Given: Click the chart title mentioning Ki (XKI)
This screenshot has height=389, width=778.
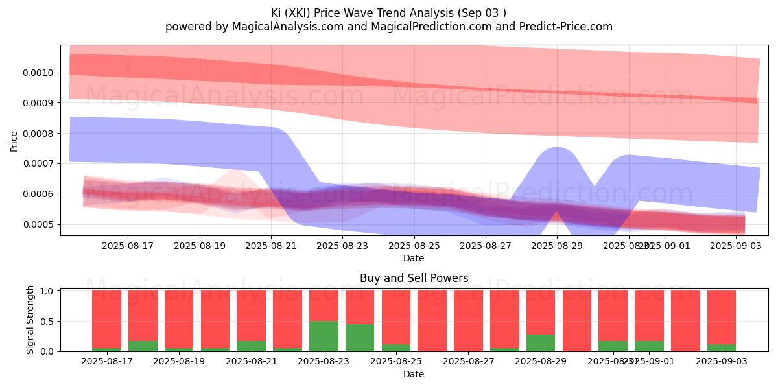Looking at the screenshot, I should point(388,12).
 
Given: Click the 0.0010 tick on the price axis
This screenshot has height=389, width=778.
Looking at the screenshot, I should point(40,73).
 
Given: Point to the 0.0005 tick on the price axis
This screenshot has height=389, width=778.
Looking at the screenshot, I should point(40,225).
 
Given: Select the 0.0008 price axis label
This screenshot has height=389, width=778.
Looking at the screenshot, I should point(40,134).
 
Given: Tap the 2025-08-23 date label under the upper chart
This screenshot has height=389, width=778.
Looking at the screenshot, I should point(342,246).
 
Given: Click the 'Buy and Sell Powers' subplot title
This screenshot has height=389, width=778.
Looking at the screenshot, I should point(414,278).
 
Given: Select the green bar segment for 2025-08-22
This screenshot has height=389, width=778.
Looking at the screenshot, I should point(324,336).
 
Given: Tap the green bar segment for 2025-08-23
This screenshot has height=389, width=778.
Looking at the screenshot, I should point(360,338).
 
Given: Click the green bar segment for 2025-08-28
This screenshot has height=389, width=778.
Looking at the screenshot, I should point(541,343).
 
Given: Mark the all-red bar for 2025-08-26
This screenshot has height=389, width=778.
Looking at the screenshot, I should point(432,321).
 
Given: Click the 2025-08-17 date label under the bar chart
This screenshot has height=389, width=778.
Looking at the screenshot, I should point(106,360).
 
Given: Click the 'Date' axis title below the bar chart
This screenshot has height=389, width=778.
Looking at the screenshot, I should point(414,374).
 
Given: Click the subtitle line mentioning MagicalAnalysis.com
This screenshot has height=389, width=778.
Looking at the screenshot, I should point(388,27).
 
